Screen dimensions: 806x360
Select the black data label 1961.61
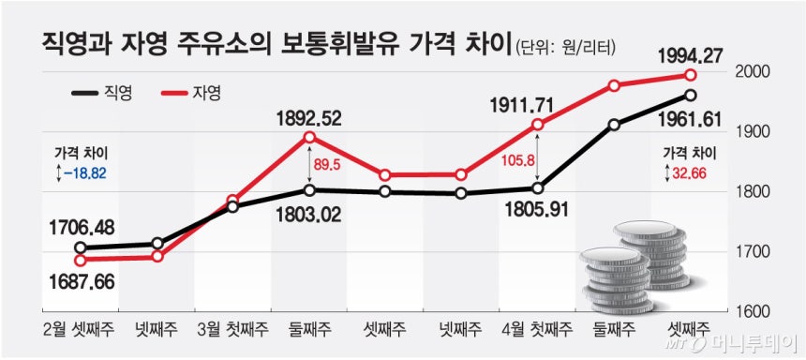coord(682,120)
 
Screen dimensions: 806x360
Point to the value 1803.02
coord(307,214)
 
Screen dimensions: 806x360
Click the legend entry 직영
coord(102,93)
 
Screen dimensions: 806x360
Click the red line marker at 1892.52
coord(309,137)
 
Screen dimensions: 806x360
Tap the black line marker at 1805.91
coord(537,188)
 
